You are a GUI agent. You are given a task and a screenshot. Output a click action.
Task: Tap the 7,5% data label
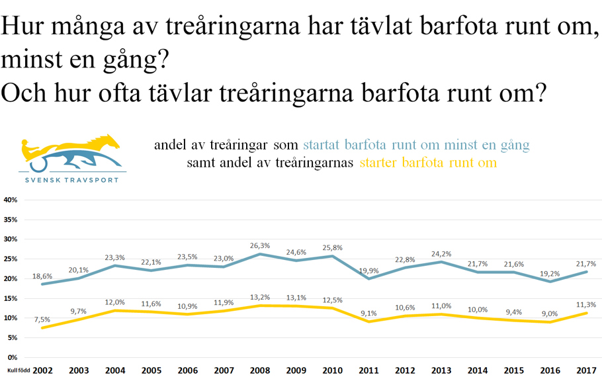tap(42, 319)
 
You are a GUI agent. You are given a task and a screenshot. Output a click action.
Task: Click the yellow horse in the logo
tap(99, 144)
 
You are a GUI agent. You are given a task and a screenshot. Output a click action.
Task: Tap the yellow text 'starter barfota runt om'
tap(427, 162)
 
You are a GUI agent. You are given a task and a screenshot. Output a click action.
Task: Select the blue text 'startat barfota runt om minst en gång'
tap(416, 145)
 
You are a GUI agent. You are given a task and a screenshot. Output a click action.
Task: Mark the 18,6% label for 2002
tap(42, 275)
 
